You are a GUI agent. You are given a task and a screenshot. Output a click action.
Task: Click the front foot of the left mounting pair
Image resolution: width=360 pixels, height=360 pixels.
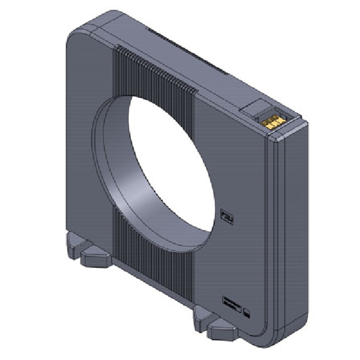(94, 257)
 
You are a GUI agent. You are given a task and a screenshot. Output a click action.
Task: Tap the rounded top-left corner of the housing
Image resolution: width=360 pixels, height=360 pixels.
(74, 40)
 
